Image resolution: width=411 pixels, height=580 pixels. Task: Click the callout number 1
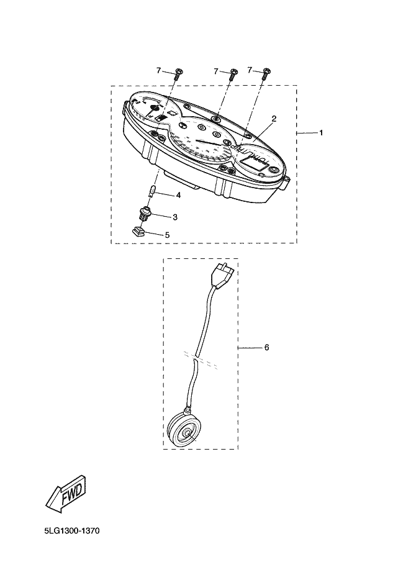pyautogui.click(x=321, y=133)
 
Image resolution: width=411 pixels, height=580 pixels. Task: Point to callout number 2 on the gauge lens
pyautogui.click(x=274, y=118)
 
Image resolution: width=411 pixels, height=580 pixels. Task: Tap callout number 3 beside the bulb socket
pyautogui.click(x=175, y=217)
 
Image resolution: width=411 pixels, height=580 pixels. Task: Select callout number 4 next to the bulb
pyautogui.click(x=178, y=195)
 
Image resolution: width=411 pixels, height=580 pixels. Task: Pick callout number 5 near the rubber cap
pyautogui.click(x=166, y=235)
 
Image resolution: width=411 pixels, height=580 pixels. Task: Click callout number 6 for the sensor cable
pyautogui.click(x=266, y=348)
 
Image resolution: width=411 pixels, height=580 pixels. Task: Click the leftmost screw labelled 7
pyautogui.click(x=178, y=74)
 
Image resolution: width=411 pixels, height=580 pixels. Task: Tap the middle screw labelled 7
pyautogui.click(x=233, y=74)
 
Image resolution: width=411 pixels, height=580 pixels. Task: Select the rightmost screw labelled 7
pyautogui.click(x=267, y=73)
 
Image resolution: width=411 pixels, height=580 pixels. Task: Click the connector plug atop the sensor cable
pyautogui.click(x=222, y=274)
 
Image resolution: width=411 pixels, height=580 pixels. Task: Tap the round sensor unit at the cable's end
pyautogui.click(x=184, y=429)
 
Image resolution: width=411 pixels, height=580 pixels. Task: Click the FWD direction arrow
pyautogui.click(x=66, y=490)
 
